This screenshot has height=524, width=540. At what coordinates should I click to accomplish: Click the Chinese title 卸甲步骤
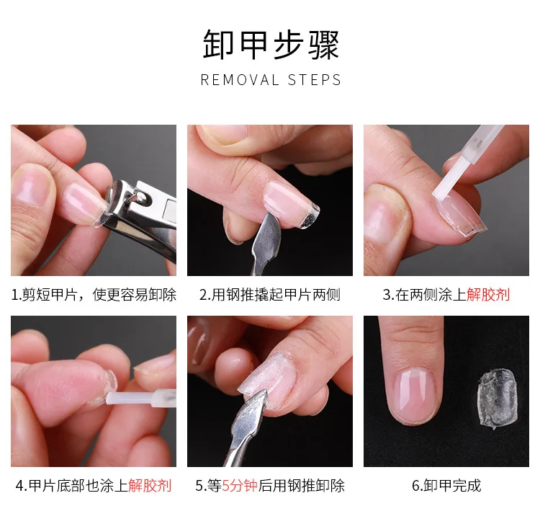click(x=270, y=45)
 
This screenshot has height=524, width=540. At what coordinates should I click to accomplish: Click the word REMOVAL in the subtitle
click(x=240, y=80)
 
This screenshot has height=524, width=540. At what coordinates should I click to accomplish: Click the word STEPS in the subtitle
click(x=314, y=80)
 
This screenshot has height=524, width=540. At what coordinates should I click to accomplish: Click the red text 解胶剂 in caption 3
click(x=488, y=295)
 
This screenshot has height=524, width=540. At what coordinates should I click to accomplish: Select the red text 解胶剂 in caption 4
click(x=150, y=485)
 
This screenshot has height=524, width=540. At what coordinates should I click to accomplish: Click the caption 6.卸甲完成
click(x=446, y=485)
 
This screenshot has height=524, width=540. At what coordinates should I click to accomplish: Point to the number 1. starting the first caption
click(x=17, y=295)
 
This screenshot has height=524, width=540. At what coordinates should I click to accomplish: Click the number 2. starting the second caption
click(x=204, y=295)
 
